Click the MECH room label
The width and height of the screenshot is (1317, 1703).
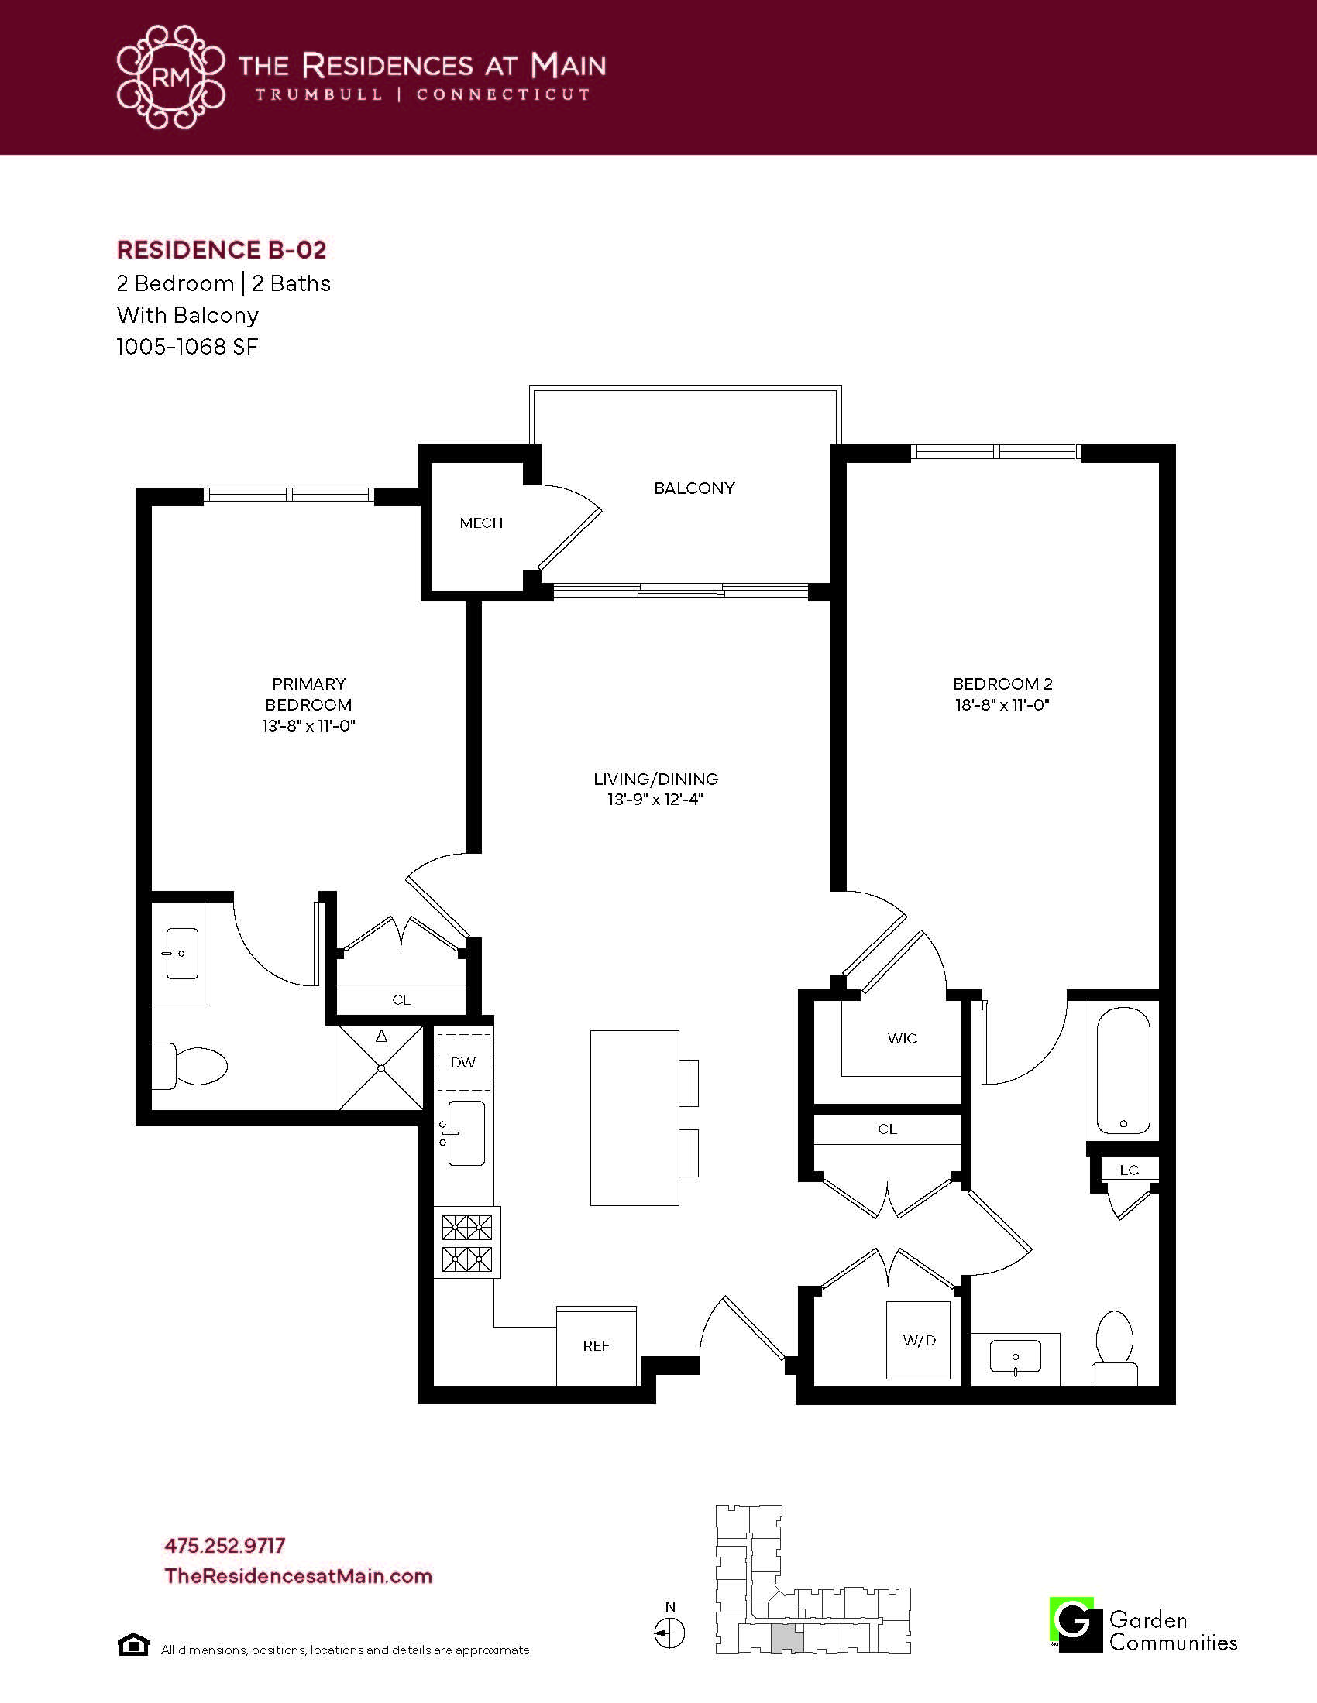(480, 523)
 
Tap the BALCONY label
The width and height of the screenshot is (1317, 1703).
(694, 488)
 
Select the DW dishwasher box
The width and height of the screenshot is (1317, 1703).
(463, 1062)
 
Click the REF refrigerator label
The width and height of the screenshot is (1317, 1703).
(596, 1345)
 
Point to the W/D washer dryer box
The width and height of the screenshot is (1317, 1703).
(919, 1341)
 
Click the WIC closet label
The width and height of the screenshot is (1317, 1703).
(902, 1038)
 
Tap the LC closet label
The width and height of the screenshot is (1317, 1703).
(1129, 1170)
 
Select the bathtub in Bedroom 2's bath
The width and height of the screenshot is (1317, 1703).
(1123, 1072)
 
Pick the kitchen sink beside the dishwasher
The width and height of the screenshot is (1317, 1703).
(465, 1133)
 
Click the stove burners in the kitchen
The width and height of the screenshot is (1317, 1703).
(467, 1243)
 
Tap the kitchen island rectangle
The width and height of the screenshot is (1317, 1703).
(634, 1117)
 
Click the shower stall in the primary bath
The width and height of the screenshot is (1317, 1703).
(380, 1067)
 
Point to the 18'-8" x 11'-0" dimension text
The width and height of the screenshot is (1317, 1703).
(1002, 705)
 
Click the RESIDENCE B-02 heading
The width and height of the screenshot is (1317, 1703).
(222, 250)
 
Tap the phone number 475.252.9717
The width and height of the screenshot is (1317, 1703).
(225, 1545)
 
